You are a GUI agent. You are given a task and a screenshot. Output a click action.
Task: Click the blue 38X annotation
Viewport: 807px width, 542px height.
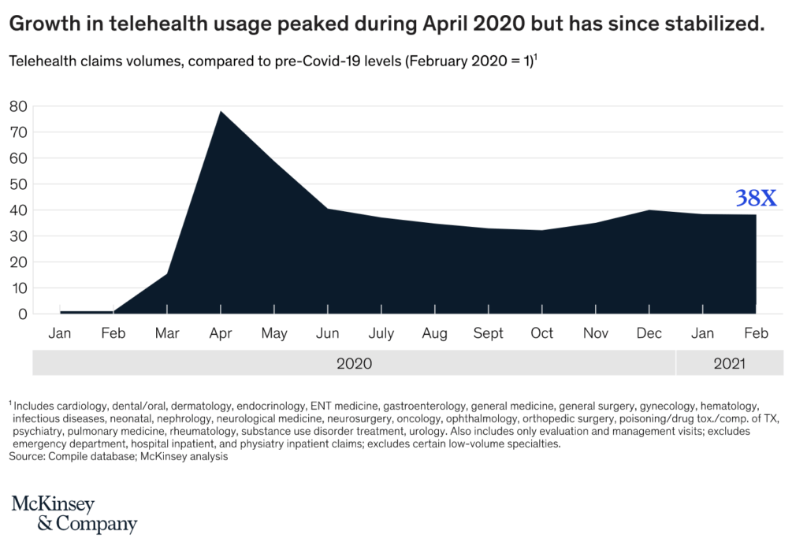[756, 197]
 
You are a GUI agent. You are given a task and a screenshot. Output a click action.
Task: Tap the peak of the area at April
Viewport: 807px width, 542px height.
[220, 112]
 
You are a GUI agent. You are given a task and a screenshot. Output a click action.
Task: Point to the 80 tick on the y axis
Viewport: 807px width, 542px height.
[18, 106]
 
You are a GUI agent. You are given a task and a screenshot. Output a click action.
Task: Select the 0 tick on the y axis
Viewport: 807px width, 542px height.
[22, 314]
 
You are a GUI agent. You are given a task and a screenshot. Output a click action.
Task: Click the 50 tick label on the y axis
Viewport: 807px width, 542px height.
[18, 184]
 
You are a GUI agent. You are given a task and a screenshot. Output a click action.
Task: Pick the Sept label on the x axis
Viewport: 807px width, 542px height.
[488, 334]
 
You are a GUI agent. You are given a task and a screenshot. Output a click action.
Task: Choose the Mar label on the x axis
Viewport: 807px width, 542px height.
[166, 334]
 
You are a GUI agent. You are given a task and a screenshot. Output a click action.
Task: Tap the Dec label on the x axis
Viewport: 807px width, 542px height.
[649, 334]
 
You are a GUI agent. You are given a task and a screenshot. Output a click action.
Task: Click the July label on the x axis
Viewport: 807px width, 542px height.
[381, 334]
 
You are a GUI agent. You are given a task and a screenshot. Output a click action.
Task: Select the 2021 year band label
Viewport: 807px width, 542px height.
[729, 363]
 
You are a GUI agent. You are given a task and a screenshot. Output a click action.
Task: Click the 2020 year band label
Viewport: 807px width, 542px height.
[354, 363]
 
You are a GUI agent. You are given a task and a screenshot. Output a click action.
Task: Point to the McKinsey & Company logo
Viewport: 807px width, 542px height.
[74, 514]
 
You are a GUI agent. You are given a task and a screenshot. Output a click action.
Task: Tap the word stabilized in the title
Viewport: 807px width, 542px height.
[717, 24]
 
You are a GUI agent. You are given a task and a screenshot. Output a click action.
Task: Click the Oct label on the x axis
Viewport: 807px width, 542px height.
[541, 334]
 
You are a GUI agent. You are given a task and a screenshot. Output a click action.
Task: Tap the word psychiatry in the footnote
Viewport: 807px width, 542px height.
[37, 431]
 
